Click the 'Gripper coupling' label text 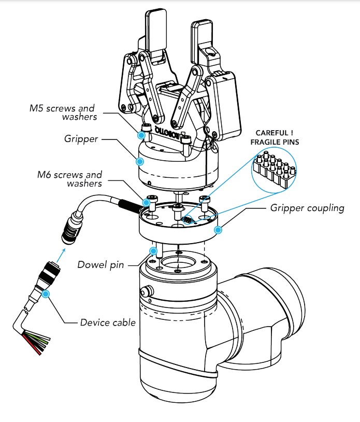[x=307, y=208]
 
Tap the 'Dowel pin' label [x=100, y=265]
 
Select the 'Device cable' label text [x=108, y=322]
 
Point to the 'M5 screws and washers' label [x=63, y=112]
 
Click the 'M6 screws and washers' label [x=69, y=179]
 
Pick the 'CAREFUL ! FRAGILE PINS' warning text [x=275, y=137]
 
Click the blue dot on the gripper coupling [x=218, y=230]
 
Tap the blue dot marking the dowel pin [x=153, y=251]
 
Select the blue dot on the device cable [x=46, y=293]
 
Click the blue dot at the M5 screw [x=141, y=135]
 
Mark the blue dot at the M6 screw [x=146, y=202]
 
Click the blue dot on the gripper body [x=139, y=161]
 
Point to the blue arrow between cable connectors [x=61, y=255]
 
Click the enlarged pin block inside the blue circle [x=273, y=170]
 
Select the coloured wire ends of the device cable [x=37, y=342]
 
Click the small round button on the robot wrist [x=147, y=291]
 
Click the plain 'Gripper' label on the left [x=81, y=139]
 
